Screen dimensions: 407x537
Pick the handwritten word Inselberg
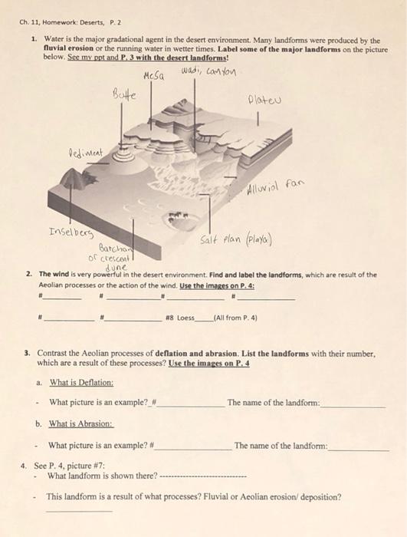click(71, 232)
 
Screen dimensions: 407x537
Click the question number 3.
click(28, 355)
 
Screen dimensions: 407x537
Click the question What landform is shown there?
click(102, 476)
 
